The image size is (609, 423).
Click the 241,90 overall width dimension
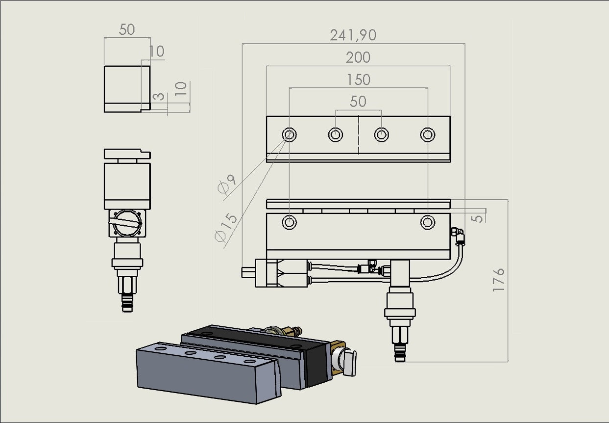[x=353, y=35]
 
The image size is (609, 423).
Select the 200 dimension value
[x=358, y=57]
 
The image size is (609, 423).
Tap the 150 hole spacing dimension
[x=358, y=79]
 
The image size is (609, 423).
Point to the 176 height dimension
[x=498, y=280]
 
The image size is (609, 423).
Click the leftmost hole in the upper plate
[x=289, y=134]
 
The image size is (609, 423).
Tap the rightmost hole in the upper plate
[x=428, y=134]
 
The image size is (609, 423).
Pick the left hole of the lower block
[x=289, y=222]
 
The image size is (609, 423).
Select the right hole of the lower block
[x=428, y=222]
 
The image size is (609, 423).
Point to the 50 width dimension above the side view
[x=126, y=29]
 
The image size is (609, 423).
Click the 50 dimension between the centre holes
[x=358, y=102]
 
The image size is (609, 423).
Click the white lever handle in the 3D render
[x=349, y=362]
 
